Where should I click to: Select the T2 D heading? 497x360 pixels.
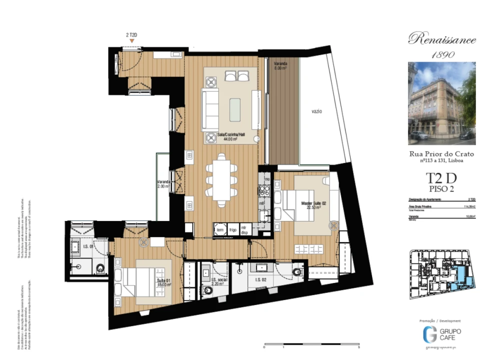coord(442,178)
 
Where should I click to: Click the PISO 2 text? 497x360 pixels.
coord(442,188)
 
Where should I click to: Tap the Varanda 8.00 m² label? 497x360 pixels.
coord(280,66)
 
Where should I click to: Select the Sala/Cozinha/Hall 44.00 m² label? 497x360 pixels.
coord(230,137)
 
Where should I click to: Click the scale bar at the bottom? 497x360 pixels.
coord(311,344)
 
